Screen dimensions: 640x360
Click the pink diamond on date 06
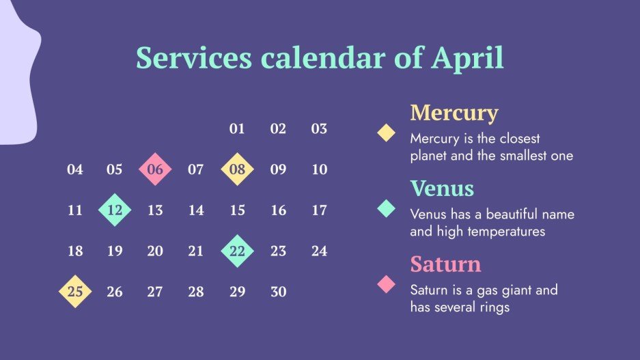[x=155, y=169]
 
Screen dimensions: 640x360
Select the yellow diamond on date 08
[x=237, y=169]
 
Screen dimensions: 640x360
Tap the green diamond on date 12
[x=115, y=210]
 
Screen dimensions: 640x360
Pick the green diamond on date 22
[x=237, y=251]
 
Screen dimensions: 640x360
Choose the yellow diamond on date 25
[x=75, y=292]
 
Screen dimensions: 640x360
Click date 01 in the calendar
[x=237, y=128]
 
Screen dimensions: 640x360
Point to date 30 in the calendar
[x=279, y=292]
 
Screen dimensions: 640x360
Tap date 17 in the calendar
[x=319, y=210]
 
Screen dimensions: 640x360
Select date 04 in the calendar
[x=74, y=169]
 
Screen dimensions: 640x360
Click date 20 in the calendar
[x=155, y=251]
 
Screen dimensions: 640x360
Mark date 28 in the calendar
[x=196, y=292]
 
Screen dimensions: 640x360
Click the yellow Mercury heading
[x=454, y=113]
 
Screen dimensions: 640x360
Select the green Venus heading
[x=442, y=189]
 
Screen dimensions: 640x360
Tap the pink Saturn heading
[x=446, y=264]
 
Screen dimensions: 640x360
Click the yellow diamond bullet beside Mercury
[x=386, y=133]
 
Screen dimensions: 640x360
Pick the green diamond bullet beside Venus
[x=386, y=208]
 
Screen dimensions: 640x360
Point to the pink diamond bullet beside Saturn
[x=386, y=284]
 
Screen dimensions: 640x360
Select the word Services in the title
[x=194, y=57]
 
